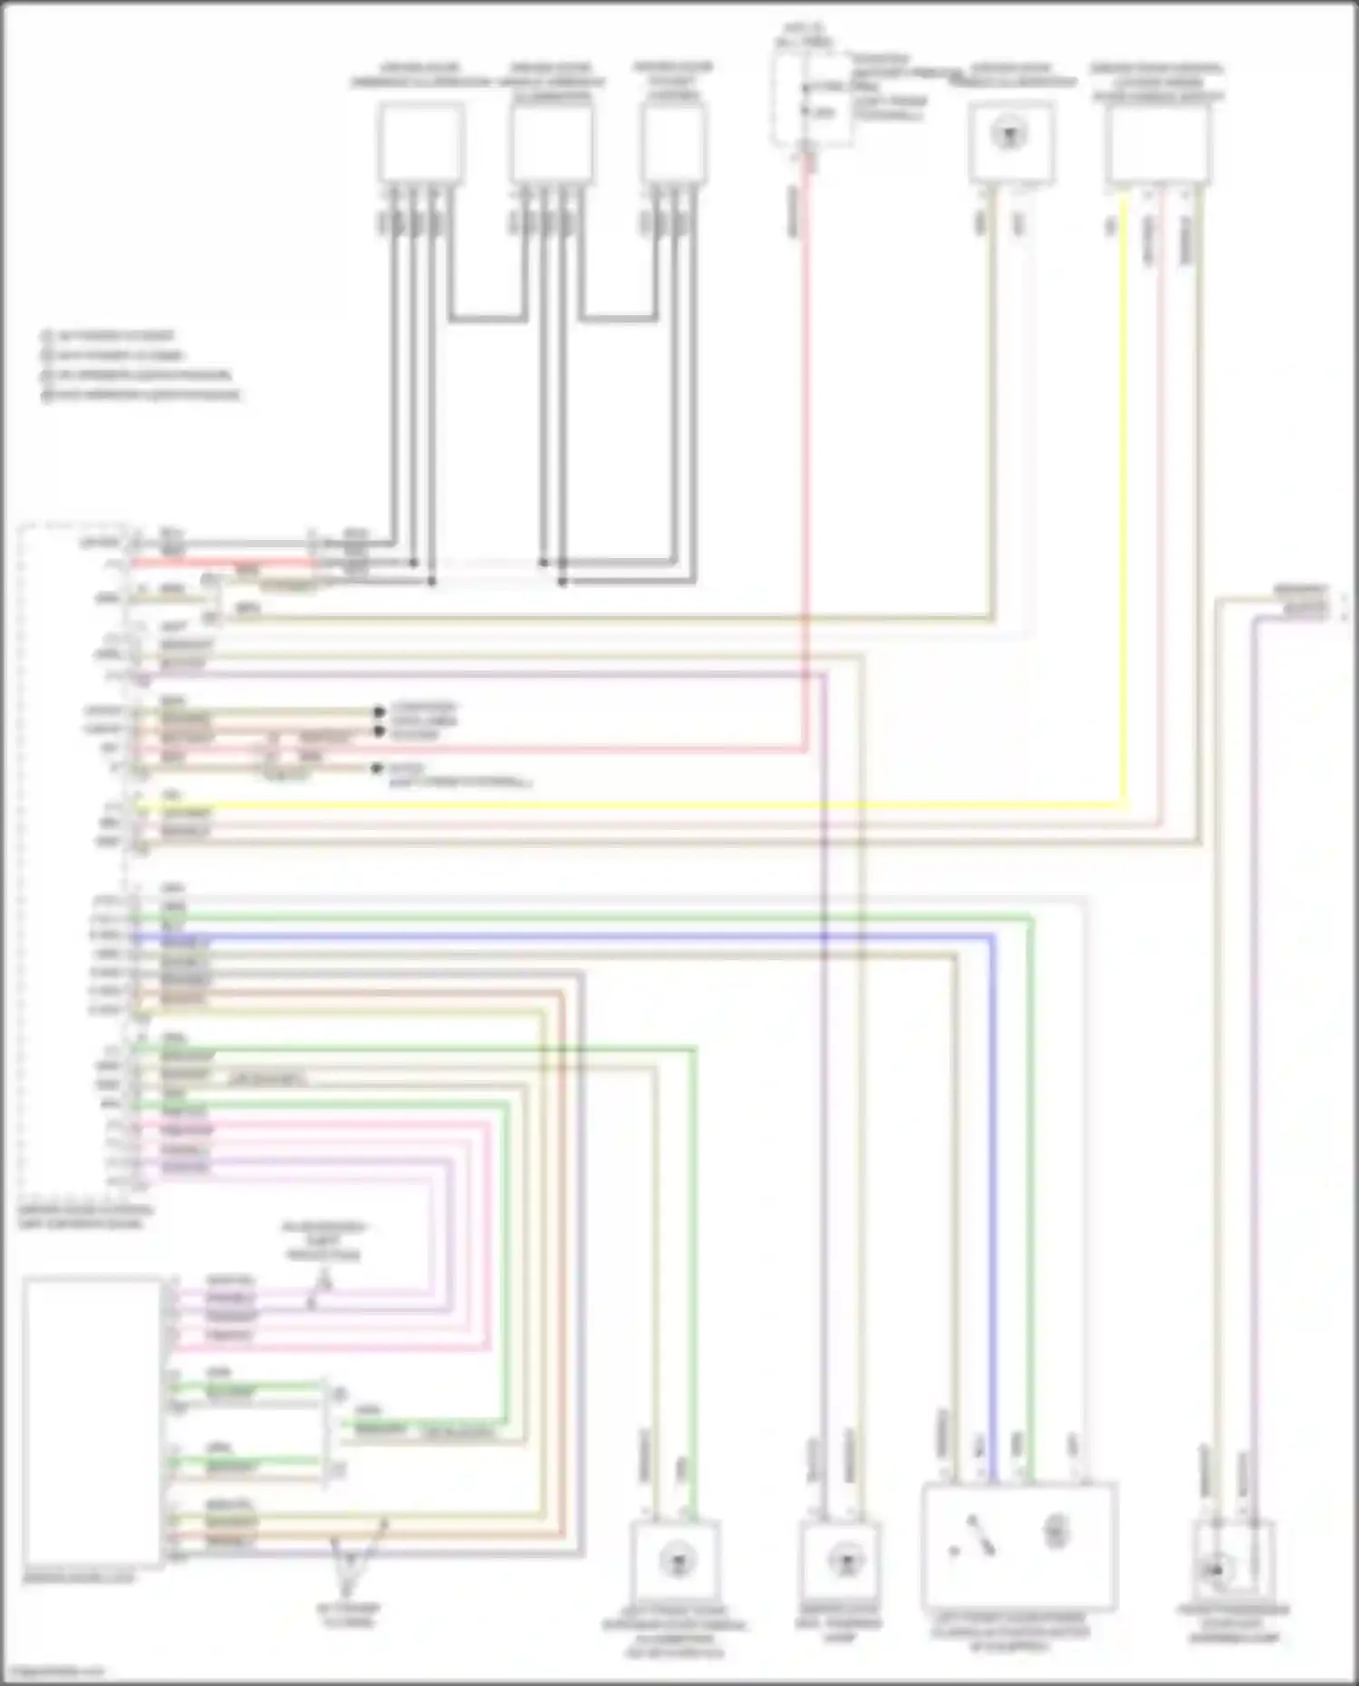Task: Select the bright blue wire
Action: point(993,1178)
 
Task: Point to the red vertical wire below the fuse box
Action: point(806,453)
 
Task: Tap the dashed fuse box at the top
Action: point(813,100)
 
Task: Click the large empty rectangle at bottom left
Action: point(93,1421)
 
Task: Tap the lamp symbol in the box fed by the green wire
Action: point(675,1561)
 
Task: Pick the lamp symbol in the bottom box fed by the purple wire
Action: point(842,1560)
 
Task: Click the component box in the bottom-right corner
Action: point(1232,1556)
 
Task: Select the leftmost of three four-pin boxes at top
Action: point(421,143)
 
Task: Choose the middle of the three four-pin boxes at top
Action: point(553,143)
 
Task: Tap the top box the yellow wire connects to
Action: point(1157,143)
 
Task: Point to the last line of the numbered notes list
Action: point(145,395)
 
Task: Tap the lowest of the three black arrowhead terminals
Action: point(378,769)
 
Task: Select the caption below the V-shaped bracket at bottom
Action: point(348,1615)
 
